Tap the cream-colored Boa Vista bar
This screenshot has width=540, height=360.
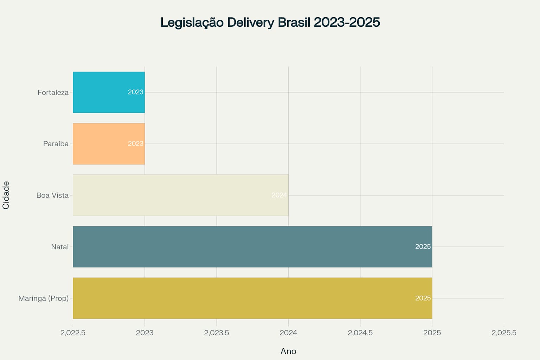[176, 195]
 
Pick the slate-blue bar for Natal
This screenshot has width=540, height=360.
[246, 247]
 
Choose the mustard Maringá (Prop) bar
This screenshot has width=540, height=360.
[246, 298]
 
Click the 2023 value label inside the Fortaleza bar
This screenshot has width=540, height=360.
[135, 92]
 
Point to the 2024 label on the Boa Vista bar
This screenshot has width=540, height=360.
[279, 195]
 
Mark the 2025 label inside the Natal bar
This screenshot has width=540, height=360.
[423, 246]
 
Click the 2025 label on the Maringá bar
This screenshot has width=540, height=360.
[423, 298]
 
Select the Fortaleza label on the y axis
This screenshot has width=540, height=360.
[53, 92]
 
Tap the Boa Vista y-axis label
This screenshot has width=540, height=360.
[52, 195]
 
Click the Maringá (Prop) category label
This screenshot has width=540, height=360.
[44, 298]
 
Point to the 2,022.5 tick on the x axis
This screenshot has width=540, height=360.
[73, 333]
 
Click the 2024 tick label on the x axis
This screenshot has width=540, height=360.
[288, 333]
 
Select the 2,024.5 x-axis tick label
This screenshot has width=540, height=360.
[360, 333]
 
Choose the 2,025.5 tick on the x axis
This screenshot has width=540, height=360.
[504, 333]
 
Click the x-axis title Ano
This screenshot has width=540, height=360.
[288, 351]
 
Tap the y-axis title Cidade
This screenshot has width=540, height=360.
[6, 195]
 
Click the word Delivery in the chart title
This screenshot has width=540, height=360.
[250, 22]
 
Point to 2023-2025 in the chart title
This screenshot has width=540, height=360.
[347, 22]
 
